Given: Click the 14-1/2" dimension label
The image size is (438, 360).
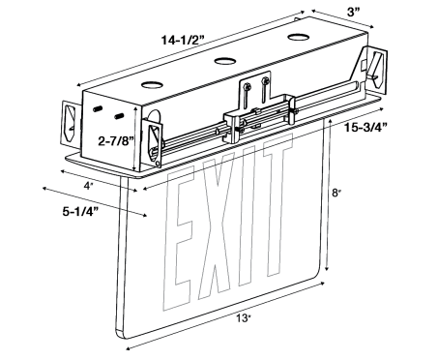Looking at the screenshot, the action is click(183, 41).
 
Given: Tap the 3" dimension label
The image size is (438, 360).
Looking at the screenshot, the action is click(353, 13).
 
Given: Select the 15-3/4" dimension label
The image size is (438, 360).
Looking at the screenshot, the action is click(365, 128).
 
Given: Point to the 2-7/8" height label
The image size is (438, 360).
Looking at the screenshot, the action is click(116, 141).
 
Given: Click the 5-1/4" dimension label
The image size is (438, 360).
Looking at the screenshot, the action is click(80, 212).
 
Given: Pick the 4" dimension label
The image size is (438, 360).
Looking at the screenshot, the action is click(88, 186).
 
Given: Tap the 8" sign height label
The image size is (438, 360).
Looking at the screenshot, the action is click(336, 193).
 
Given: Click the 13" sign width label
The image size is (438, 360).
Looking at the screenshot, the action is click(244, 318).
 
